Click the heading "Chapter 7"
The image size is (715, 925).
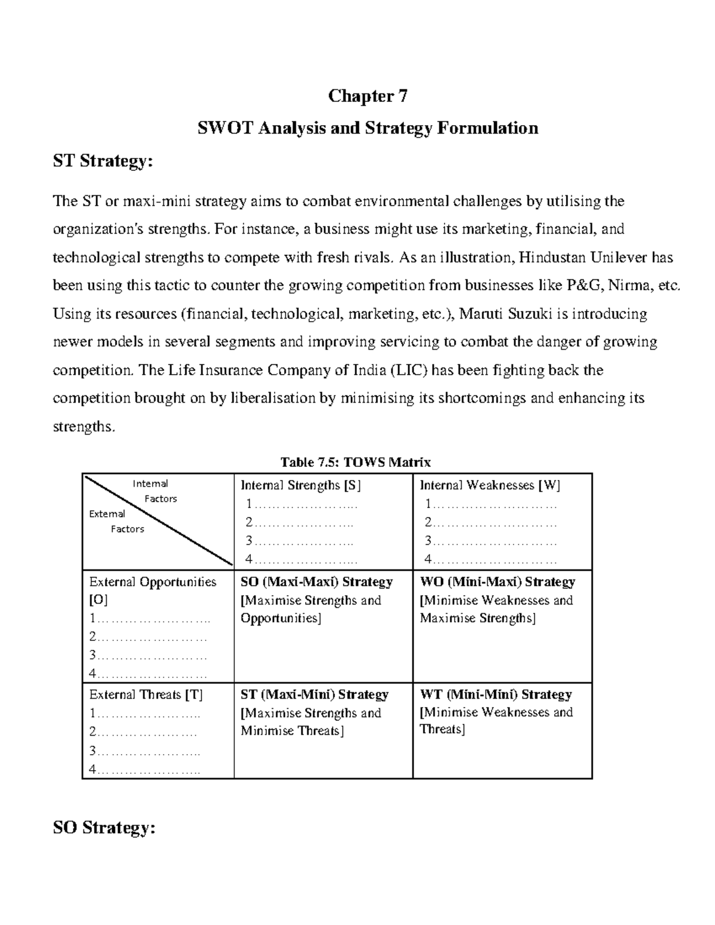(x=368, y=96)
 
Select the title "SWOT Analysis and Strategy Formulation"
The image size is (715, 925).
(x=368, y=128)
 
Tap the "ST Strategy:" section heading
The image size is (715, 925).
(x=102, y=161)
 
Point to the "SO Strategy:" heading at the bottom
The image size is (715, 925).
(x=104, y=828)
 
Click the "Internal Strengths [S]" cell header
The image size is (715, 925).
(x=301, y=485)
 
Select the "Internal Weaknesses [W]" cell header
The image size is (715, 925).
(x=490, y=485)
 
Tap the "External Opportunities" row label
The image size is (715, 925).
(x=153, y=582)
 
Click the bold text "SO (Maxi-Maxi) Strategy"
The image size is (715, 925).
(x=316, y=582)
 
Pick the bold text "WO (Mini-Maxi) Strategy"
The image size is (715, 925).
(x=498, y=582)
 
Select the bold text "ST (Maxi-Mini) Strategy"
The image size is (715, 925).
(x=314, y=694)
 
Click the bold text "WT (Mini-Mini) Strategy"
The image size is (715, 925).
(x=496, y=694)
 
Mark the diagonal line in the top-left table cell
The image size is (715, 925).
(x=158, y=521)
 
